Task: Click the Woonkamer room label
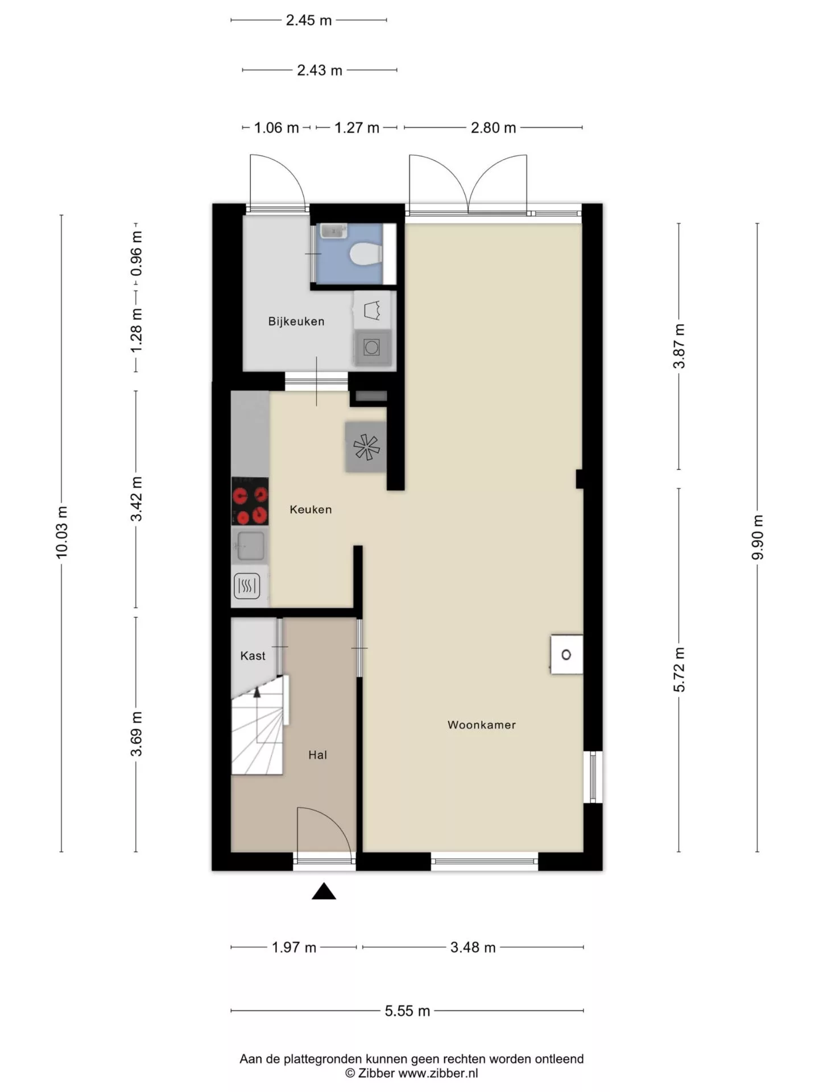tap(481, 725)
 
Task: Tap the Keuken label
tap(311, 510)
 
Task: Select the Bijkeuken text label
tap(296, 321)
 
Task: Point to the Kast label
tap(253, 656)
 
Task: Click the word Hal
tap(317, 755)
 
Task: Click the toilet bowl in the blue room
tap(365, 254)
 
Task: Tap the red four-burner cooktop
tap(250, 501)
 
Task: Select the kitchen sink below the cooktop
tap(250, 545)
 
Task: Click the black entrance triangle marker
tap(324, 891)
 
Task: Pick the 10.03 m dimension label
tap(61, 532)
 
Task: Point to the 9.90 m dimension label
tap(758, 537)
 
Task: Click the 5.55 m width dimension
tap(407, 1011)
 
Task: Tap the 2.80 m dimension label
tap(493, 127)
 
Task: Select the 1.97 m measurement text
tap(293, 947)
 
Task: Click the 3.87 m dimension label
tap(679, 346)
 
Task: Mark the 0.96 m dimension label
tap(136, 254)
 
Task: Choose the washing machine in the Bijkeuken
tap(372, 346)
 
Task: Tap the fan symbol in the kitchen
tap(366, 446)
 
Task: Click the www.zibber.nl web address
tap(438, 1073)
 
